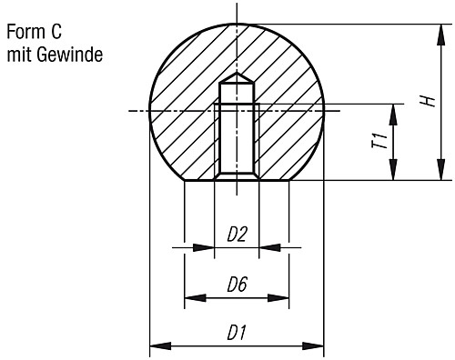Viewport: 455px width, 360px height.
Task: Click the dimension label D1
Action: coord(237,333)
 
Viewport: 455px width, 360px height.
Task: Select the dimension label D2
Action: coord(237,234)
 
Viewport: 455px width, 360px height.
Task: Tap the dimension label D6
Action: coord(237,285)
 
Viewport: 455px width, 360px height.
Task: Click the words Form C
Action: coord(35,32)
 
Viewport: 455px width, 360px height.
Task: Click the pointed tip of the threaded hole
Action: coord(237,74)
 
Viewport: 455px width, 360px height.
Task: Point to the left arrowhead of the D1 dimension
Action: coord(154,345)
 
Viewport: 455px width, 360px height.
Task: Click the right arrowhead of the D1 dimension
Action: coord(318,345)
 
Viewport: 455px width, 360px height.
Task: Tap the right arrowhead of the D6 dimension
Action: coord(284,296)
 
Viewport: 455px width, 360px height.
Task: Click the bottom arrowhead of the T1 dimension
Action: coord(393,174)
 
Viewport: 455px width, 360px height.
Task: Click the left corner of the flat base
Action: coord(185,180)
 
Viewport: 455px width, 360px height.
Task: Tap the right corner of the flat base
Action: coord(289,180)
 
